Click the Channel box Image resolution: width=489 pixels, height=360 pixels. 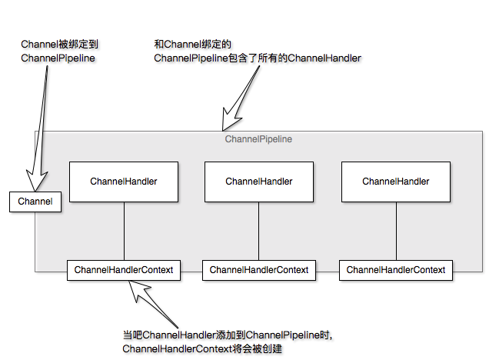click(35, 202)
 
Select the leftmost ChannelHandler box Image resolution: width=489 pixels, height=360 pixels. click(124, 182)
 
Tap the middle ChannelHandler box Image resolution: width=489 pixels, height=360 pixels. click(259, 182)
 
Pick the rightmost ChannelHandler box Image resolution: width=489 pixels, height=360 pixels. click(396, 182)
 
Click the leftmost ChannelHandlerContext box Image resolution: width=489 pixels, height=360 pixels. click(124, 270)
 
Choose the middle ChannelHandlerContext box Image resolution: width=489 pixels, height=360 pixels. click(259, 270)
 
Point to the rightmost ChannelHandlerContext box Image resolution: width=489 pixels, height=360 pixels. click(396, 270)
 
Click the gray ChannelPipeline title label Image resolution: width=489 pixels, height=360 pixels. click(258, 139)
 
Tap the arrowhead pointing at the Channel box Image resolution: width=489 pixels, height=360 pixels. click(35, 182)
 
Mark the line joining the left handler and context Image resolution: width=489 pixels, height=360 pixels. click(124, 231)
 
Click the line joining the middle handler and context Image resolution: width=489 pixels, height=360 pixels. click(259, 231)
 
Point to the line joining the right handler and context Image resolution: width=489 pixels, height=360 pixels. click(396, 231)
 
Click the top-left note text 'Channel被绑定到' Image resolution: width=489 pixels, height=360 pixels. click(58, 45)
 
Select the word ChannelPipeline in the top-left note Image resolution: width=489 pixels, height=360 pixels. click(58, 58)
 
